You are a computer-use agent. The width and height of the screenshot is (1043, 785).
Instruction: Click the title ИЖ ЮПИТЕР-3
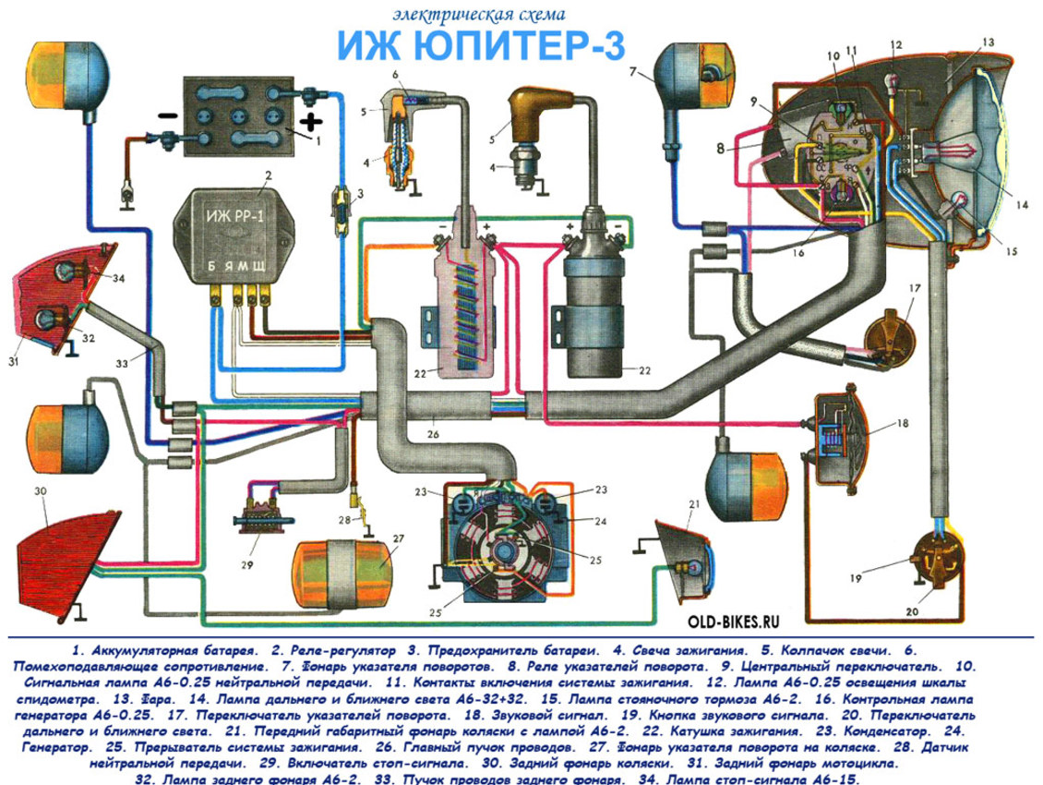[482, 45]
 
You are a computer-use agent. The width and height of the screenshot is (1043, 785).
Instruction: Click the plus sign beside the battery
[311, 121]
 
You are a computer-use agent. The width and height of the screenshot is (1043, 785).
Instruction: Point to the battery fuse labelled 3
[342, 209]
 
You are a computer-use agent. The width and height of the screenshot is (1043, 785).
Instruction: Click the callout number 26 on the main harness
[433, 435]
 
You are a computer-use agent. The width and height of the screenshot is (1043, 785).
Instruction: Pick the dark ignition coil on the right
[594, 299]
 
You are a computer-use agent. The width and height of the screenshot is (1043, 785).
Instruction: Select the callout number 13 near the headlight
[988, 42]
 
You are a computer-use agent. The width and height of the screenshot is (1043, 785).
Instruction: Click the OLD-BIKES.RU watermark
[733, 622]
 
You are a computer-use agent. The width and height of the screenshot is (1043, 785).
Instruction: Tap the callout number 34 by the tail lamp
[118, 278]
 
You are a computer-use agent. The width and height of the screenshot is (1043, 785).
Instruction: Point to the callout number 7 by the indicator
[632, 71]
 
